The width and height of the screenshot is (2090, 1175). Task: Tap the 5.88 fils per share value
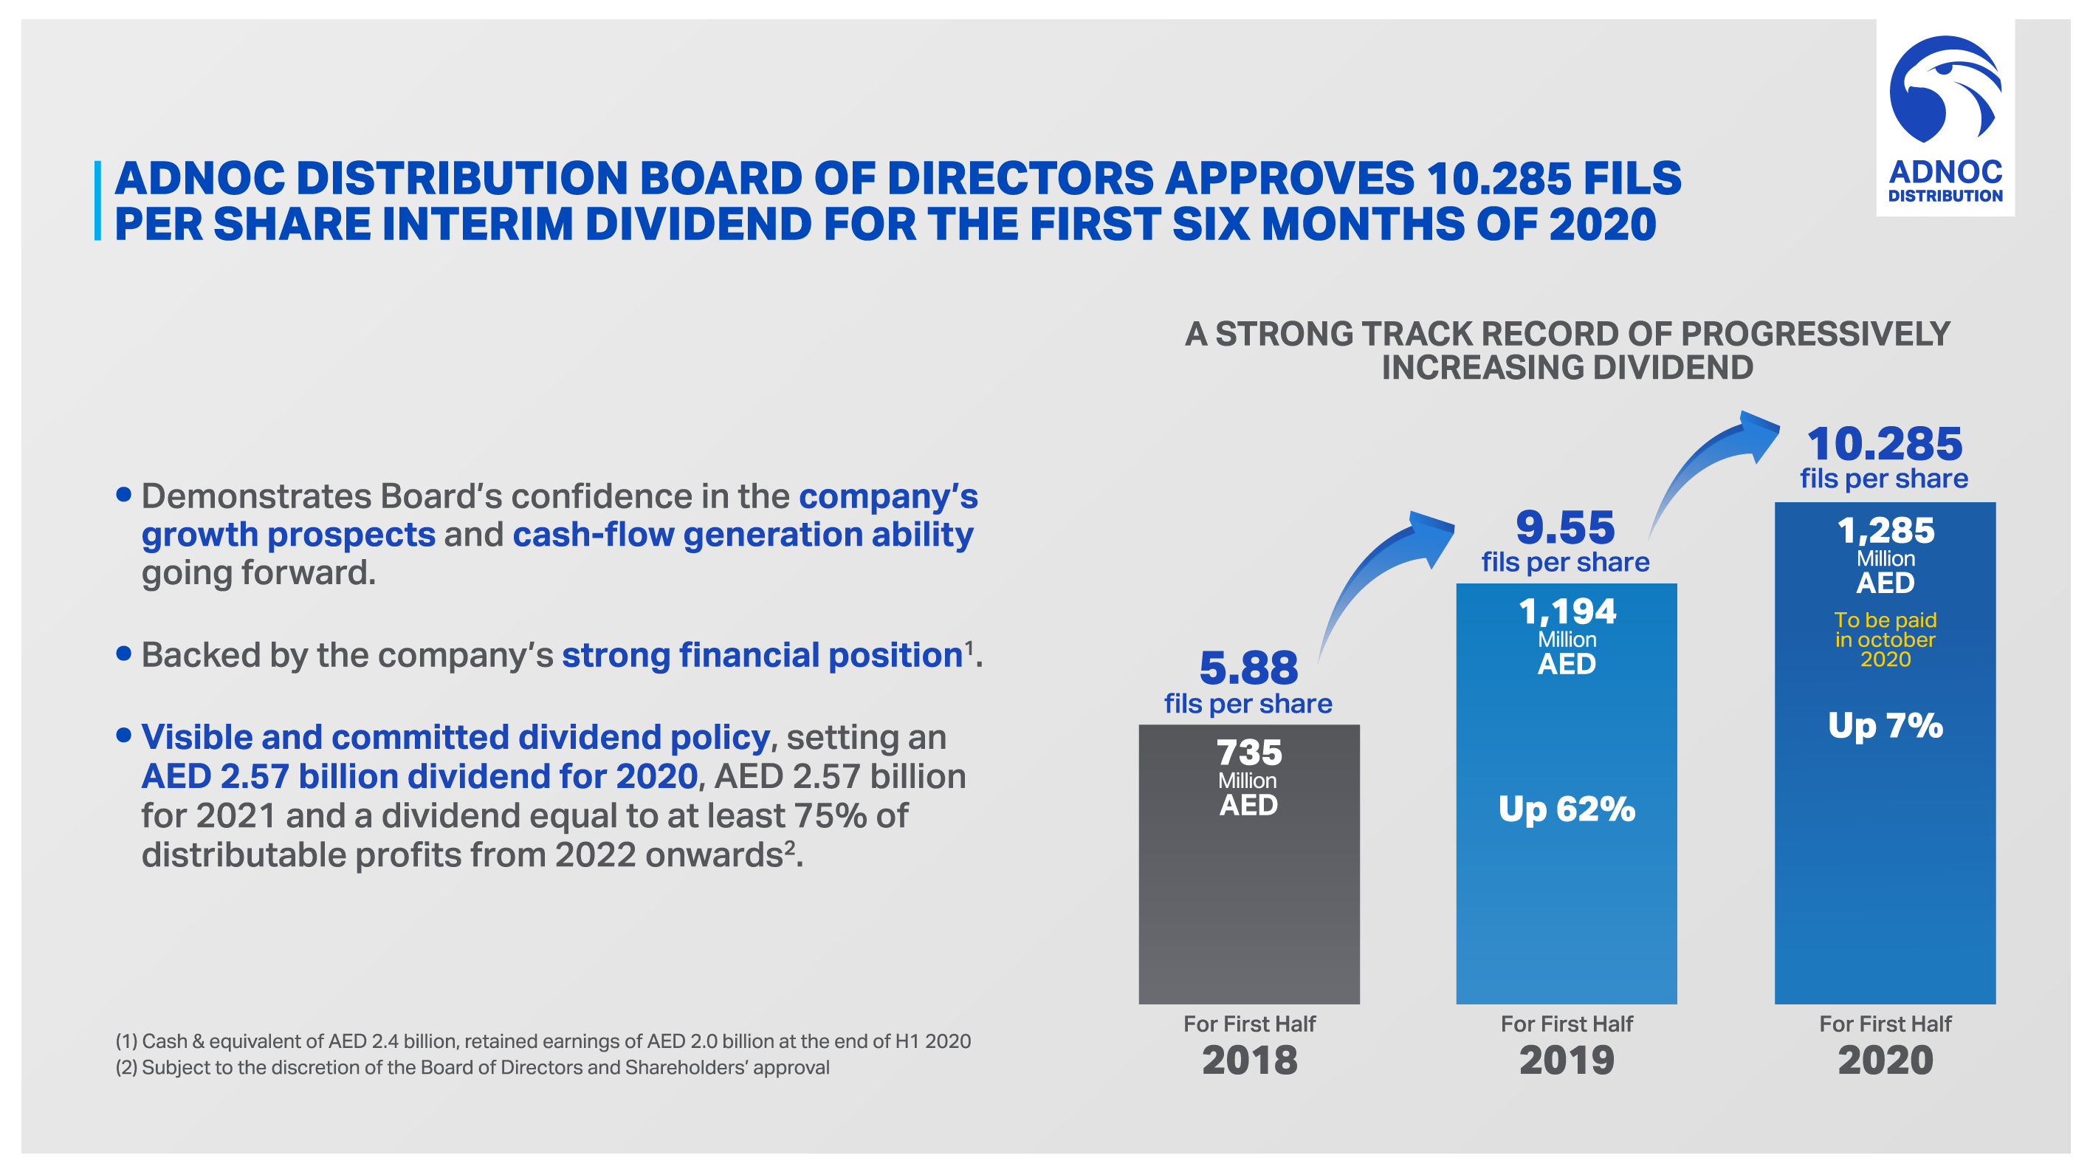pyautogui.click(x=1248, y=668)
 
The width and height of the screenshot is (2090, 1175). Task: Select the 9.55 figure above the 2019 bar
pyautogui.click(x=1565, y=527)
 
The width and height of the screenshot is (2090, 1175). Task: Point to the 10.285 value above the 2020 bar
pyautogui.click(x=1884, y=444)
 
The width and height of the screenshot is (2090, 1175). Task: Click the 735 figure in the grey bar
pyautogui.click(x=1248, y=753)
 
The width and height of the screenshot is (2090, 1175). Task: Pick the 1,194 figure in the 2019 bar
pyautogui.click(x=1567, y=611)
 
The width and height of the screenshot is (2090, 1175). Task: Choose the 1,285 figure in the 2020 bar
pyautogui.click(x=1886, y=531)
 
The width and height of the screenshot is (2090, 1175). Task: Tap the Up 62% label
pyautogui.click(x=1567, y=808)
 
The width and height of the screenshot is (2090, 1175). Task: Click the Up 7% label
pyautogui.click(x=1886, y=724)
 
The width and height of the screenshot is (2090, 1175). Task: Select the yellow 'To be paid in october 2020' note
pyautogui.click(x=1886, y=640)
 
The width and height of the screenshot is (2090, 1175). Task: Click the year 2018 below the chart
pyautogui.click(x=1249, y=1060)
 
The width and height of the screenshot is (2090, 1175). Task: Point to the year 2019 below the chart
pyautogui.click(x=1567, y=1060)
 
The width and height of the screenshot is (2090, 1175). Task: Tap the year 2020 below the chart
pyautogui.click(x=1886, y=1060)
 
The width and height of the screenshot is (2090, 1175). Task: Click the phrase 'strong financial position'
pyautogui.click(x=762, y=655)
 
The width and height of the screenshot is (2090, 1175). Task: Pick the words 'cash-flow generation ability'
pyautogui.click(x=743, y=535)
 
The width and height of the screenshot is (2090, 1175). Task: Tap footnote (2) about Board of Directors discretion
pyautogui.click(x=472, y=1067)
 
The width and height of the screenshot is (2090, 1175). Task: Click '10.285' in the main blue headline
pyautogui.click(x=1498, y=179)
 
